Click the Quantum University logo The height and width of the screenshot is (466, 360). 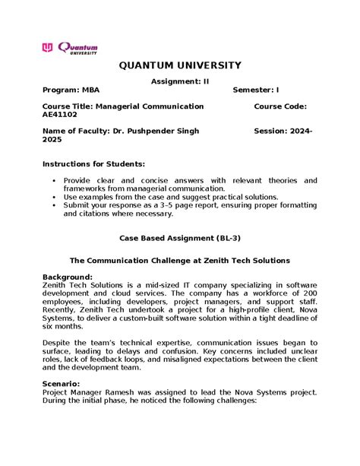tap(70, 48)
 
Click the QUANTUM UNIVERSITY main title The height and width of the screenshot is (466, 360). tap(179, 66)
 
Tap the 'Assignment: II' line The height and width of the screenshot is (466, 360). tap(179, 81)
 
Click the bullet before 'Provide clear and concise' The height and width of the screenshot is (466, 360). tap(53, 181)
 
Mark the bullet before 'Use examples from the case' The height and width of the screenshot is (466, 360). tap(53, 197)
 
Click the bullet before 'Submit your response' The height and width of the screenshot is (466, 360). tap(53, 205)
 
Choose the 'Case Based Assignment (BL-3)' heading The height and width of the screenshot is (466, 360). tap(179, 238)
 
